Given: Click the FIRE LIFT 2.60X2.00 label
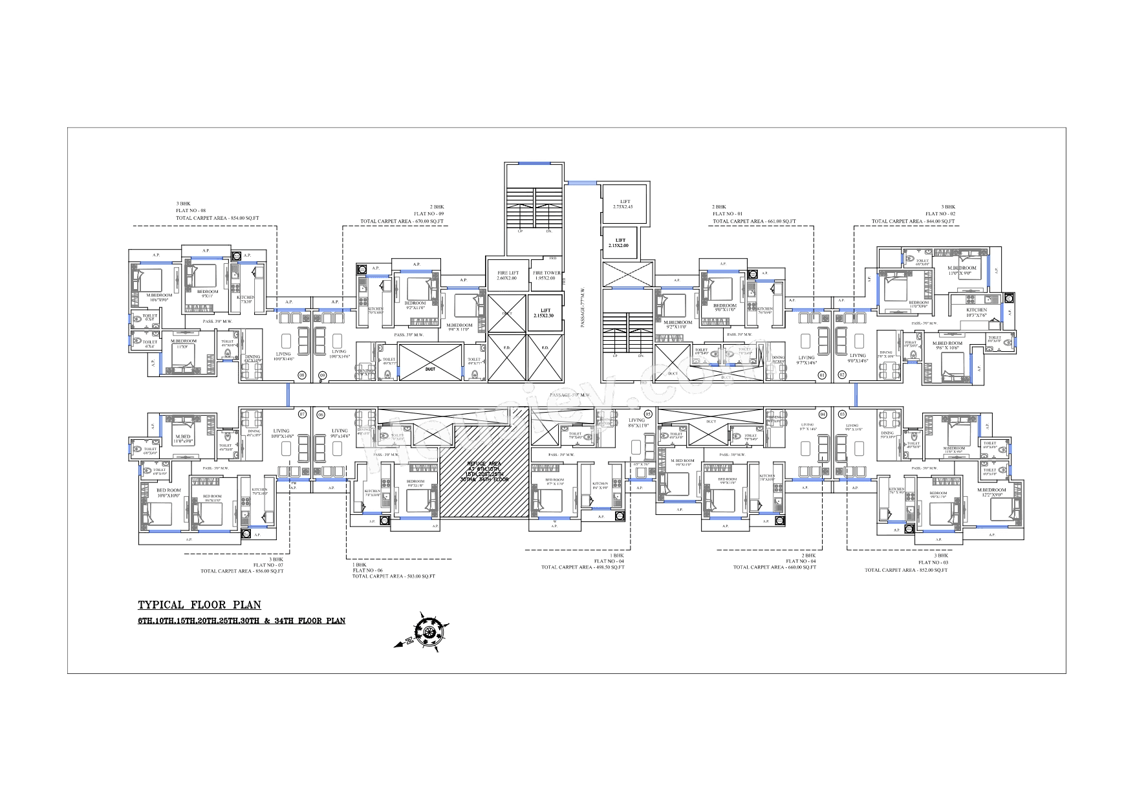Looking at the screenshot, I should [x=507, y=276].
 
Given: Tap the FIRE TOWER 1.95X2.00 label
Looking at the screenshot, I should [x=546, y=276].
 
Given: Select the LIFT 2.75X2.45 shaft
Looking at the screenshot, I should [x=625, y=204].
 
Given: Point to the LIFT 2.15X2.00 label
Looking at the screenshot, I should [x=620, y=243].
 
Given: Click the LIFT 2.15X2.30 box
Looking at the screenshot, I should [x=545, y=313].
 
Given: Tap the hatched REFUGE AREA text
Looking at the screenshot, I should [x=484, y=471].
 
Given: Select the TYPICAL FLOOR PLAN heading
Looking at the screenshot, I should [x=199, y=605].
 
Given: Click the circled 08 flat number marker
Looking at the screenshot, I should [x=301, y=375].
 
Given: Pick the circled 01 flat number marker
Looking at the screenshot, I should [x=823, y=375].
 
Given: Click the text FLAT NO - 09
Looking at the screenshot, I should [x=428, y=214].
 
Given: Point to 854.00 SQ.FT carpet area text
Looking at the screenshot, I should [x=217, y=219].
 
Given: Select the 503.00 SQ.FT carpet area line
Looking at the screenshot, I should [x=393, y=576].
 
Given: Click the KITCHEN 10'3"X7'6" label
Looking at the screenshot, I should [x=977, y=313].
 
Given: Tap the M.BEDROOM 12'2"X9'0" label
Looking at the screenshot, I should [x=991, y=493].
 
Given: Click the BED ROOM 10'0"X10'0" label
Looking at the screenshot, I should [x=169, y=493].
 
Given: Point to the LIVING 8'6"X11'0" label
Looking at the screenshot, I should [x=636, y=423].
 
